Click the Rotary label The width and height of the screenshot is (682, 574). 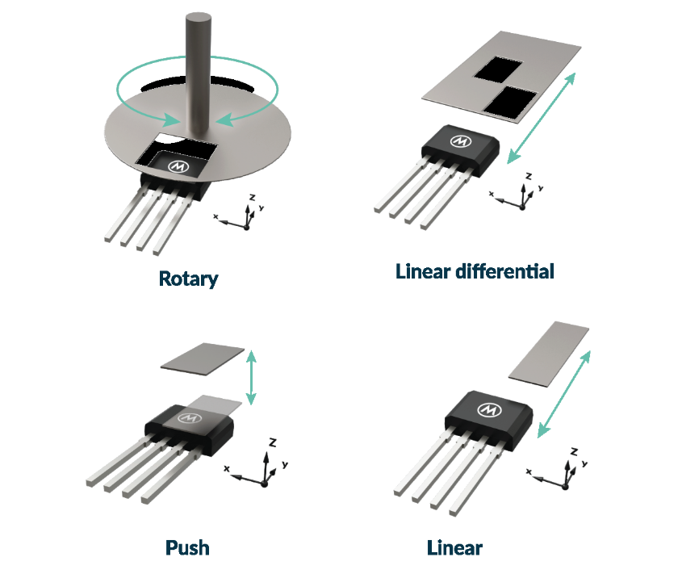tap(189, 279)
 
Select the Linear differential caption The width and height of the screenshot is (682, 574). tap(475, 271)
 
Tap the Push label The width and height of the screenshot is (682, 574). tap(187, 547)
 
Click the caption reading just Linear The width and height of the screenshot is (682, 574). tap(454, 547)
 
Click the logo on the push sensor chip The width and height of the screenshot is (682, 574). tap(191, 417)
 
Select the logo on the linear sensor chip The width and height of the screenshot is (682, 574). tap(489, 409)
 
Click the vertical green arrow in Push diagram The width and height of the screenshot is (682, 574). tap(253, 377)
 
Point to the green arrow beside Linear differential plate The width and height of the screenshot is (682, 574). tap(542, 117)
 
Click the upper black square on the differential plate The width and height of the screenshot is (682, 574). tap(498, 69)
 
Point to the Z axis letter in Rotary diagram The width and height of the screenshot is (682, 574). tap(253, 197)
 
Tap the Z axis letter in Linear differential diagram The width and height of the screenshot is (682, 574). tap(528, 175)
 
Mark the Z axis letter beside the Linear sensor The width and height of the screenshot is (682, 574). tap(573, 450)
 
